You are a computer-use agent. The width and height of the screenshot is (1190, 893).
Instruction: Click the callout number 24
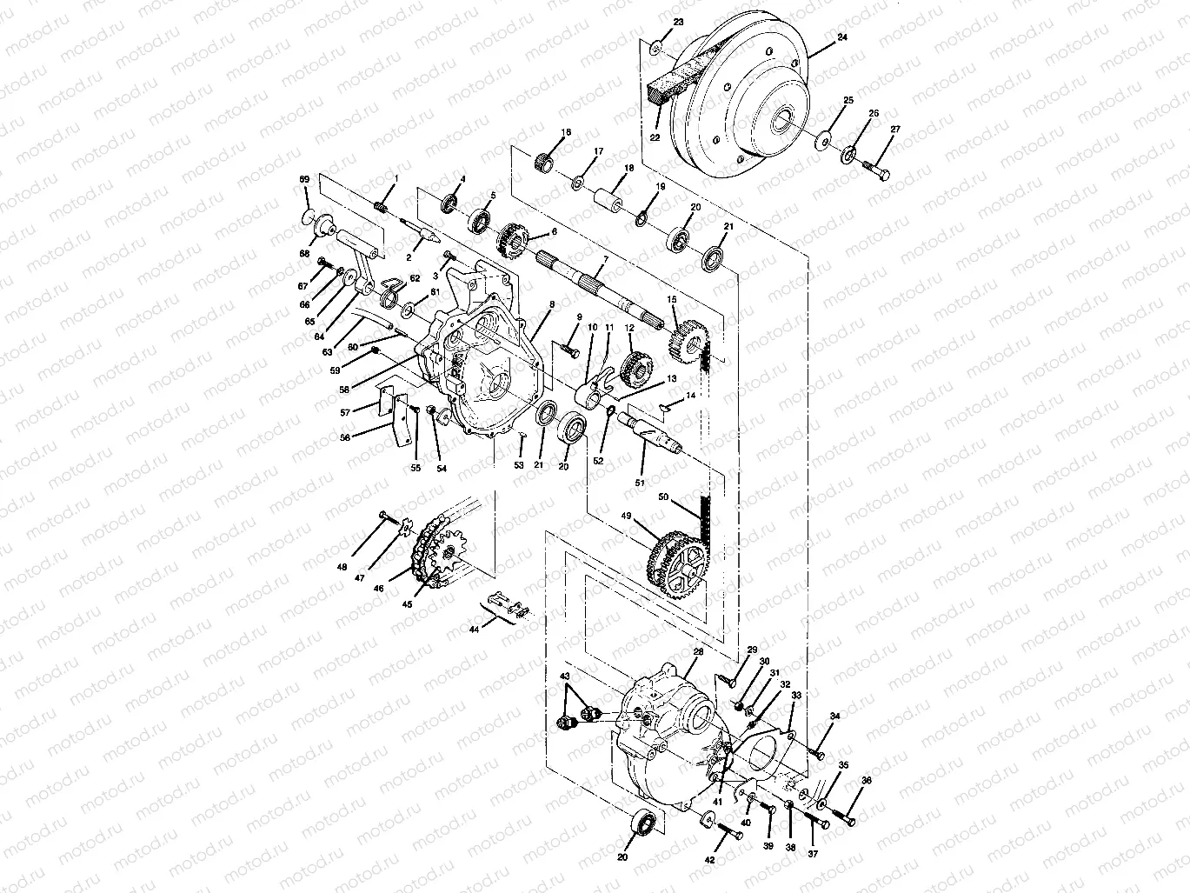click(817, 38)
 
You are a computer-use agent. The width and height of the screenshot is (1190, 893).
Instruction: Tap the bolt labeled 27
click(878, 172)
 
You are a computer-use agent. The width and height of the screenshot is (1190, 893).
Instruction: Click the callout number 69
click(304, 179)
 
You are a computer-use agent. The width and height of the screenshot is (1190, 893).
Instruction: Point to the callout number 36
click(866, 781)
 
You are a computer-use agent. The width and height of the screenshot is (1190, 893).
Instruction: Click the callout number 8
click(551, 305)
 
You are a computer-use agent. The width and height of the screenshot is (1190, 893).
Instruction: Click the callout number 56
click(345, 438)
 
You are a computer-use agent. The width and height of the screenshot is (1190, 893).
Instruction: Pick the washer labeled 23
click(658, 45)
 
